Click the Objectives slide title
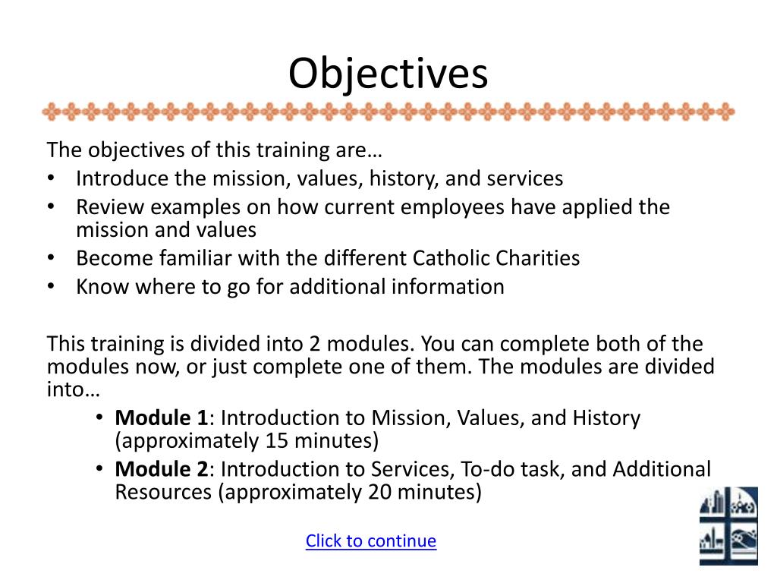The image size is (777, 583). pyautogui.click(x=388, y=74)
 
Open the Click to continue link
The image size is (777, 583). pyautogui.click(x=370, y=540)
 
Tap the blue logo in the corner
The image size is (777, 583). pyautogui.click(x=728, y=525)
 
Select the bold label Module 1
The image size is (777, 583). pyautogui.click(x=161, y=418)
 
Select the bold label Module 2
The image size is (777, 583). pyautogui.click(x=161, y=469)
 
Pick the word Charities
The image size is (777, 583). pyautogui.click(x=538, y=258)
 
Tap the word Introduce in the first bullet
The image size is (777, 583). pyautogui.click(x=122, y=178)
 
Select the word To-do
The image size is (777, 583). pyautogui.click(x=486, y=469)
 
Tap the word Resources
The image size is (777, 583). pyautogui.click(x=162, y=492)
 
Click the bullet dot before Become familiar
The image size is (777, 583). pyautogui.click(x=51, y=258)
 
